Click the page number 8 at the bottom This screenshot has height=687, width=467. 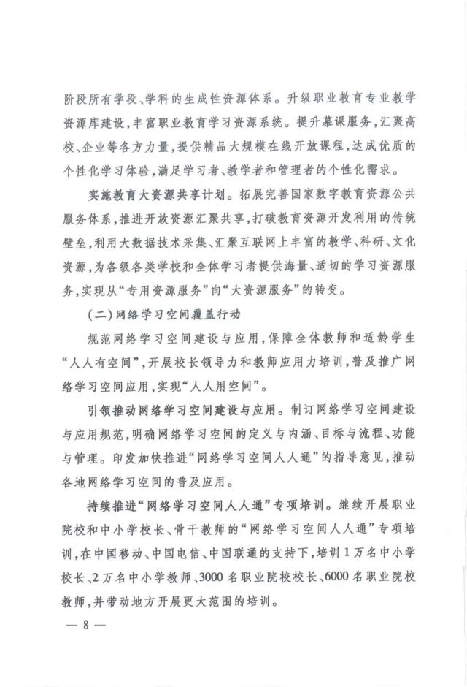pos(85,626)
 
